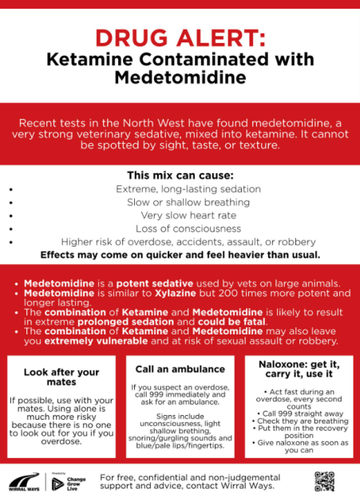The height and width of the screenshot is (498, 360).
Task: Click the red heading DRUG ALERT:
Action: click(180, 37)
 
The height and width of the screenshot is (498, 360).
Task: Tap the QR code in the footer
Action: click(323, 480)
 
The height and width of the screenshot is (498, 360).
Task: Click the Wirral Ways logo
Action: click(23, 481)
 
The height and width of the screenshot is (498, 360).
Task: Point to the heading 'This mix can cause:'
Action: click(180, 176)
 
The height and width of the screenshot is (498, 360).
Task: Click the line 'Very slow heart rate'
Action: click(180, 215)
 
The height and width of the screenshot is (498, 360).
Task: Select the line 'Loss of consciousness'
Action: click(180, 228)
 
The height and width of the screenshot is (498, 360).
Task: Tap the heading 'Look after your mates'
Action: click(61, 377)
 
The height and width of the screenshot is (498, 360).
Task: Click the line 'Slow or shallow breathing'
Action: click(180, 202)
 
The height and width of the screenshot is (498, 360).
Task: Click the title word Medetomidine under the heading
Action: click(180, 77)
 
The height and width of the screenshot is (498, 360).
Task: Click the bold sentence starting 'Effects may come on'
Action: click(180, 255)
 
